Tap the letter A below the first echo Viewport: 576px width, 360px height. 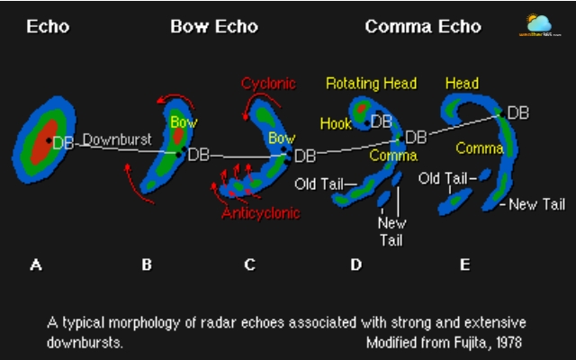(x=36, y=265)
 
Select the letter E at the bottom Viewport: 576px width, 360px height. (x=464, y=265)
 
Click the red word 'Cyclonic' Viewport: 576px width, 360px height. (x=267, y=84)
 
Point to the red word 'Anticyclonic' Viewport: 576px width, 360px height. (x=262, y=213)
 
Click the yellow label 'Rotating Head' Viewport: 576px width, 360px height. (x=371, y=84)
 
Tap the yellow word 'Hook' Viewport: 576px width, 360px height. (x=336, y=123)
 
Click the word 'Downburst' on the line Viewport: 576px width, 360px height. (x=114, y=140)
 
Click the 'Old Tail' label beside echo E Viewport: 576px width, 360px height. (x=443, y=179)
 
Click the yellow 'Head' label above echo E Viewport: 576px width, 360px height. (x=462, y=84)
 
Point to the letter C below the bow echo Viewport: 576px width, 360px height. (x=249, y=265)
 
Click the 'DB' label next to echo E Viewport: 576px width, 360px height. (x=518, y=113)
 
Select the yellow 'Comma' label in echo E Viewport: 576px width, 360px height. (x=479, y=148)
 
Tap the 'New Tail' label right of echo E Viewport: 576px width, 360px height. (x=536, y=205)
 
